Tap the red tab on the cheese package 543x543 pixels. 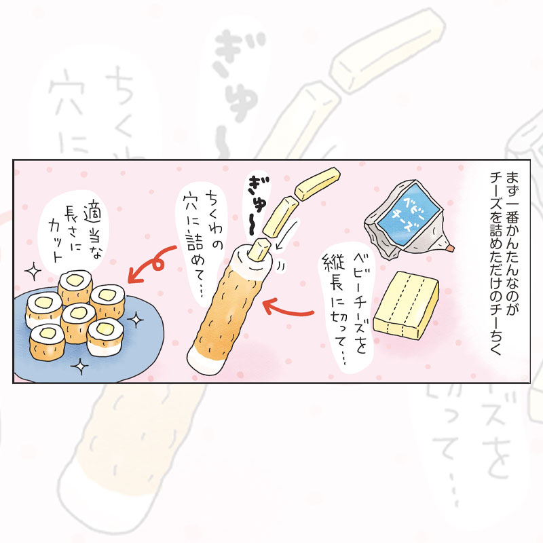(450, 248)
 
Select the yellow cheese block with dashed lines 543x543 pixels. (406, 305)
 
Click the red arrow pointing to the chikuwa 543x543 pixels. (287, 309)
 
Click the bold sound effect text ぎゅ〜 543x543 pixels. (257, 206)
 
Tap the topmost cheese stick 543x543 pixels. (317, 184)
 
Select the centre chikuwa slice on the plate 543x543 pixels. (78, 322)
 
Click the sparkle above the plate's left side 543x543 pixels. (33, 271)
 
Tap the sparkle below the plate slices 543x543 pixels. (80, 366)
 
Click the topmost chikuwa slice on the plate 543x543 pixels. (75, 286)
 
